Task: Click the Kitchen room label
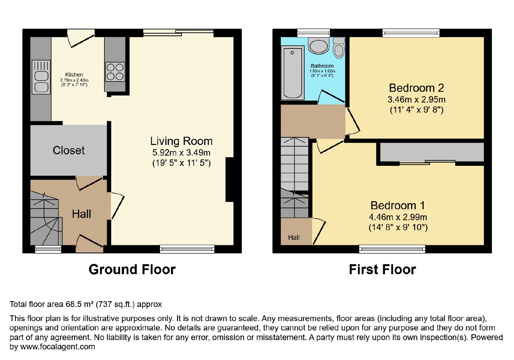pos(74,75)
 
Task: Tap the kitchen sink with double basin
pos(41,77)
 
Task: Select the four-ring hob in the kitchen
pos(115,72)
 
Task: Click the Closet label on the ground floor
pos(69,150)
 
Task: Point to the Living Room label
pos(181,141)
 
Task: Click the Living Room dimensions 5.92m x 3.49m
pos(181,152)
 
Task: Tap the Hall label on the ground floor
pos(82,214)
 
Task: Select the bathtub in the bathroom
pos(293,73)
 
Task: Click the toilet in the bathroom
pos(339,48)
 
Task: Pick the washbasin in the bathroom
pos(319,46)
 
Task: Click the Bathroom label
pos(322,66)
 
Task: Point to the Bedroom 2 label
pos(416,88)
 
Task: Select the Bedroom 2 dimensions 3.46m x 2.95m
pos(416,100)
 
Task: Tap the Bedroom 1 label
pos(398,205)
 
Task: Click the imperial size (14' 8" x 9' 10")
pos(398,227)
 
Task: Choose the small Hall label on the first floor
pos(294,238)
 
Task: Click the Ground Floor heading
pos(132,270)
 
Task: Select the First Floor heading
pos(383,270)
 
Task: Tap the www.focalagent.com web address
pos(58,346)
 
